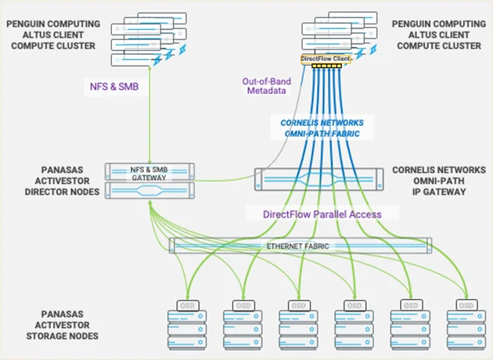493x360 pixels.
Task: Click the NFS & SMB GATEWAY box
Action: click(149, 172)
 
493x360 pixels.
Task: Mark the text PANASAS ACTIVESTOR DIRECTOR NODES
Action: click(54, 181)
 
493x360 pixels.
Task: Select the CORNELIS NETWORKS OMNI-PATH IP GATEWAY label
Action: click(439, 181)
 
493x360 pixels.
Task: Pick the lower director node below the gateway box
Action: click(149, 190)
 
